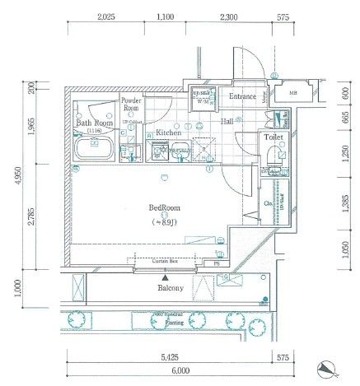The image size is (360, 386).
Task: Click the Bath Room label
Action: pos(93,123)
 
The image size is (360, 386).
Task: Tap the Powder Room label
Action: pos(131,105)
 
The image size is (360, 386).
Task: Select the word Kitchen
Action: pos(168,132)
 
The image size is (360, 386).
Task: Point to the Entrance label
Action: pos(242,97)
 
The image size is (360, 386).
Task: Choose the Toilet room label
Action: pos(273,139)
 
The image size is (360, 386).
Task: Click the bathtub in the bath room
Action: pos(93,150)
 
